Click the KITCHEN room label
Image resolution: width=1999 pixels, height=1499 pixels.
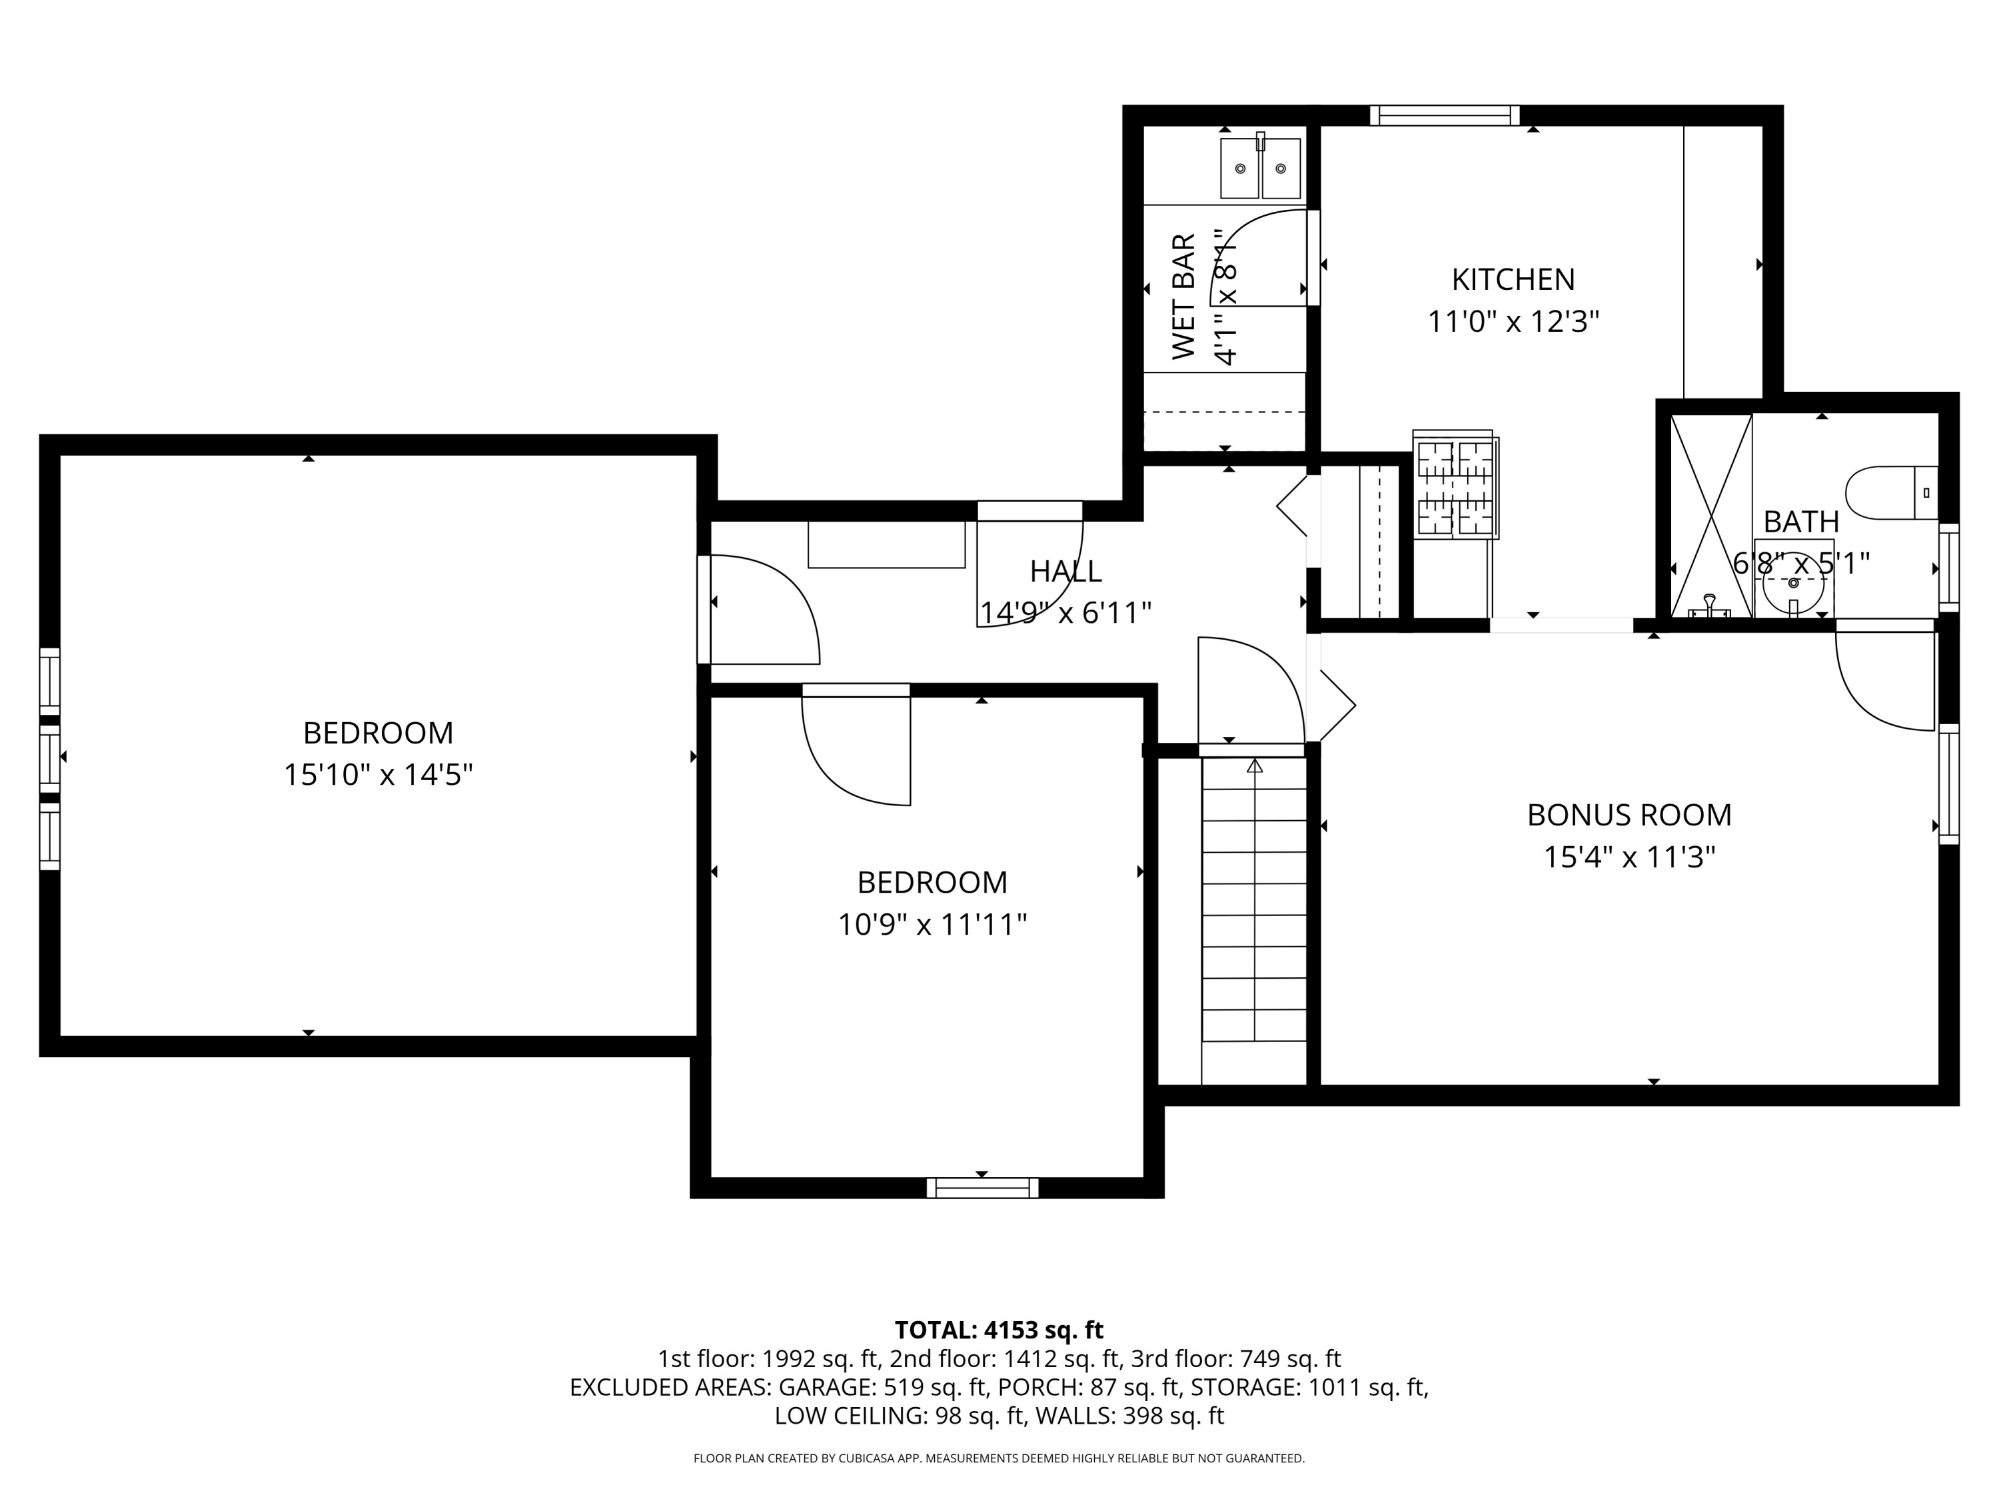coord(1513,279)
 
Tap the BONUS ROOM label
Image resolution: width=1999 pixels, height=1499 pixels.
coord(1629,815)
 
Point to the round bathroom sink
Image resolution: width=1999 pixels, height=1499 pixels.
coord(1793,583)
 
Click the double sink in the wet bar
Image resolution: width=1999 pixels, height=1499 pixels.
coord(1260,168)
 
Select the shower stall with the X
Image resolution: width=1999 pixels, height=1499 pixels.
coord(1710,515)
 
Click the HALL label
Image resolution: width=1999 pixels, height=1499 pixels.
coord(1065,571)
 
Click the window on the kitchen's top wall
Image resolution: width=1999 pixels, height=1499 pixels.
coord(1444,116)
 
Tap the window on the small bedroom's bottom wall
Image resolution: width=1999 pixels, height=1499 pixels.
coord(982,1187)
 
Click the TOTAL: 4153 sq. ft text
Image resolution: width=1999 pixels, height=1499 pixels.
coord(999,1330)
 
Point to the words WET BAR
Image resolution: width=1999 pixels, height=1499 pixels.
coord(1184,296)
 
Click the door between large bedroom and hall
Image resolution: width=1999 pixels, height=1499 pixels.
coord(764,610)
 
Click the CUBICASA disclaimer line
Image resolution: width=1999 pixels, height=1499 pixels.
coord(999,1458)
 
